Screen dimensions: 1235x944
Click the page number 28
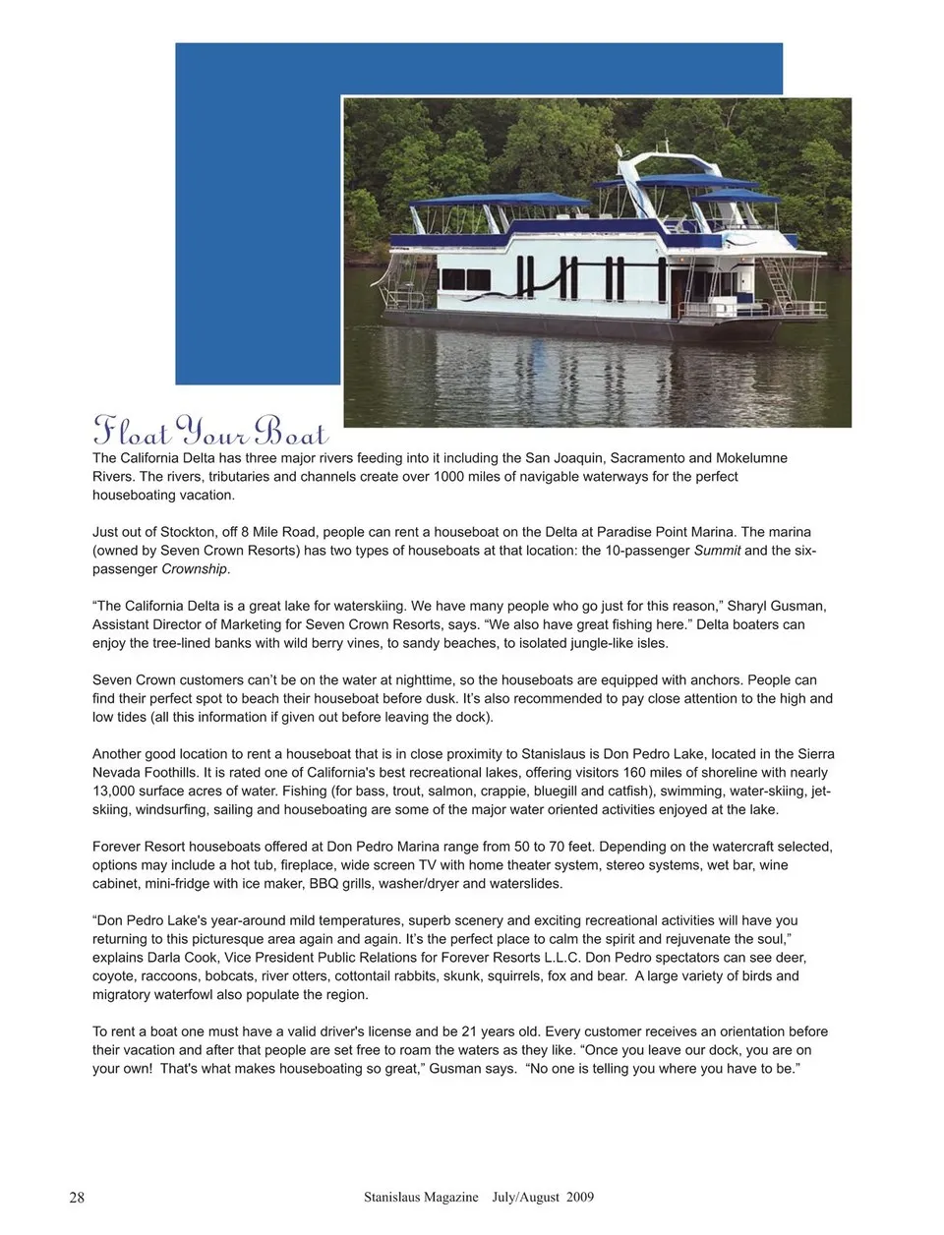(77, 1198)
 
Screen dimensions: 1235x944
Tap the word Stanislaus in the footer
(393, 1198)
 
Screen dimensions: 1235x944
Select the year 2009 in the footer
(579, 1198)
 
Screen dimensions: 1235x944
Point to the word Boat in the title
(291, 431)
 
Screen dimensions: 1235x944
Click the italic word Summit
(717, 551)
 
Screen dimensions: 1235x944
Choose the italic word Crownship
(195, 569)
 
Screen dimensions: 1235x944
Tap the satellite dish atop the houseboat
(618, 150)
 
